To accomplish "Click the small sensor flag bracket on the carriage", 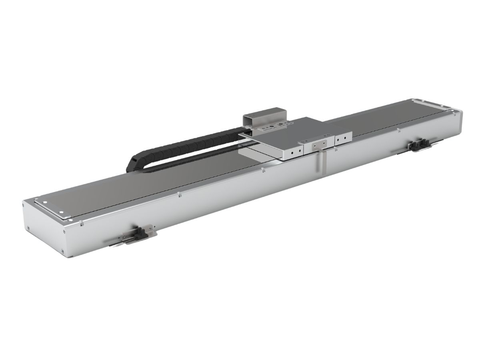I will [x=320, y=145].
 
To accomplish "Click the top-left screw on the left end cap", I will [x=36, y=200].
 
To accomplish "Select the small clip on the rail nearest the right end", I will [x=398, y=130].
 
